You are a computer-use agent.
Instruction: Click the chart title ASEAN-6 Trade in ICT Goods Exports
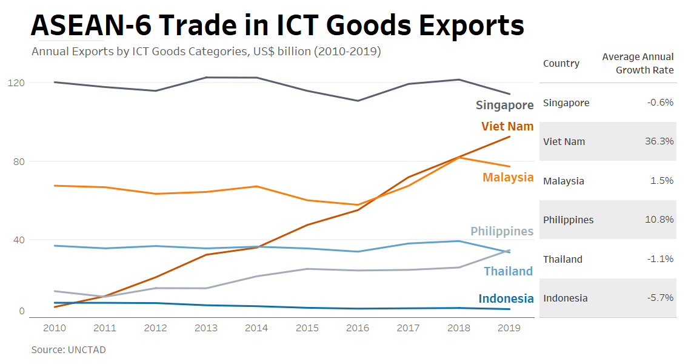pos(277,25)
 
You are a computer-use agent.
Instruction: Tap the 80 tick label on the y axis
pos(19,161)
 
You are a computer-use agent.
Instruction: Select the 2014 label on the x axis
pos(256,328)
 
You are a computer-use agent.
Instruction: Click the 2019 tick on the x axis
pos(509,328)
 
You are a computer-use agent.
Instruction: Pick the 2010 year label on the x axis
pos(55,328)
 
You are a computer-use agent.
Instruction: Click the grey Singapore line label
pos(504,105)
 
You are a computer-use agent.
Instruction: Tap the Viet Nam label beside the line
pos(507,126)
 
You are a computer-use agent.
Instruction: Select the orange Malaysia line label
pos(508,177)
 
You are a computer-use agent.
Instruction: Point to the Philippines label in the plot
pos(502,231)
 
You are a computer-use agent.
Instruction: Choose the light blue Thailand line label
pos(508,271)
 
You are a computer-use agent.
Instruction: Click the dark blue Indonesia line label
pos(506,298)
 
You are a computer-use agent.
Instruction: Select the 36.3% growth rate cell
pos(659,141)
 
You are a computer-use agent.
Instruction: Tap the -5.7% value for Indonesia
pos(660,298)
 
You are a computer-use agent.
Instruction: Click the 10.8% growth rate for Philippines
pos(659,220)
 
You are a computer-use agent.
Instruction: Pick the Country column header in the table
pos(561,64)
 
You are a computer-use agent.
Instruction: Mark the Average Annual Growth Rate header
pos(638,63)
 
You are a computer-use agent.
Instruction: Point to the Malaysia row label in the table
pos(564,181)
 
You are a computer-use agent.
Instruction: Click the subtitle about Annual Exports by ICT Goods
pos(206,52)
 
